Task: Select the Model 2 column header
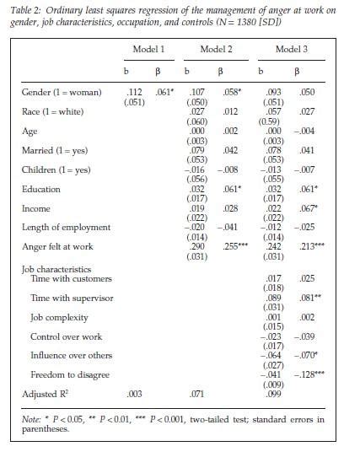click(214, 50)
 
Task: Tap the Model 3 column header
click(291, 50)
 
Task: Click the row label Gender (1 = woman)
click(62, 90)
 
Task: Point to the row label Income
click(37, 207)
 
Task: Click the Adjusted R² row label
click(47, 394)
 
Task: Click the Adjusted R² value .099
click(273, 394)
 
